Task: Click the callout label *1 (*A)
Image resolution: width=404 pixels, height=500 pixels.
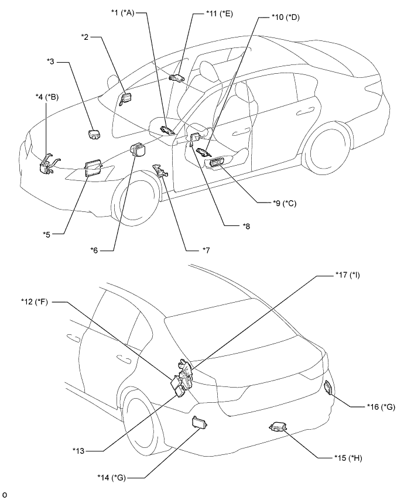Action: (x=123, y=13)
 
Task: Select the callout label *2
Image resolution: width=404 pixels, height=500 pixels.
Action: (x=85, y=37)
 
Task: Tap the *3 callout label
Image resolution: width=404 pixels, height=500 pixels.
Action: (x=51, y=61)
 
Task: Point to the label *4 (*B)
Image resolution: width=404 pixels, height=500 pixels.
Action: (x=47, y=97)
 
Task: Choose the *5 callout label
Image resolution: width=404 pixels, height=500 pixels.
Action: (x=47, y=234)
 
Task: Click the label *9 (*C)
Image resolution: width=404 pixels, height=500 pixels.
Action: (x=285, y=203)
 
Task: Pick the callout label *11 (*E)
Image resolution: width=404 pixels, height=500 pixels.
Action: (x=220, y=14)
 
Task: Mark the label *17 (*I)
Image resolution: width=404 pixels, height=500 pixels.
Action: (x=348, y=275)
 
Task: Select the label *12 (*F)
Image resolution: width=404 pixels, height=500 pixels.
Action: (x=35, y=302)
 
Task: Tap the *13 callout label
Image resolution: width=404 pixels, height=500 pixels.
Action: (x=78, y=451)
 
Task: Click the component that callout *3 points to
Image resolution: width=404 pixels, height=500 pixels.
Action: (x=94, y=135)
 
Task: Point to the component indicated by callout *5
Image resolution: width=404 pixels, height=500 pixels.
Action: (x=93, y=168)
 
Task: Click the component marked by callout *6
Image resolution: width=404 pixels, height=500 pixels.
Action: (x=138, y=150)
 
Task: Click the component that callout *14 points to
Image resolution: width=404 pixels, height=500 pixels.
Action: (x=200, y=423)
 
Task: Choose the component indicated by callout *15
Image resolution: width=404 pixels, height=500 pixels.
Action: (x=277, y=426)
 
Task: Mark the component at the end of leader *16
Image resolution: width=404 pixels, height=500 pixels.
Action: (x=328, y=388)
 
